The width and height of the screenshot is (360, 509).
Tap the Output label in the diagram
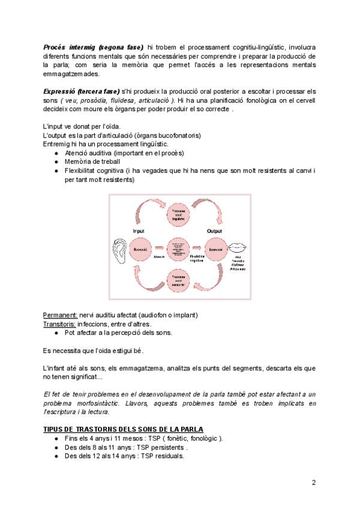tap(214, 230)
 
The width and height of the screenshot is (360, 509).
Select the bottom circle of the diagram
tap(178, 280)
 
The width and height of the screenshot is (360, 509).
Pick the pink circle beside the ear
tap(142, 247)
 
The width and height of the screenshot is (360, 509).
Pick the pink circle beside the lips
tap(215, 247)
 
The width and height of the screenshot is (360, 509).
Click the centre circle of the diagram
tap(178, 247)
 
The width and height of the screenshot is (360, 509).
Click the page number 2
tap(313, 482)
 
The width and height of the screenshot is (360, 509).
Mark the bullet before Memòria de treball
tap(56, 162)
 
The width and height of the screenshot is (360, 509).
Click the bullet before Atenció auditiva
tap(56, 153)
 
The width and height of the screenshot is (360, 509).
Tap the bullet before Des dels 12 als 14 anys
tap(56, 455)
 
